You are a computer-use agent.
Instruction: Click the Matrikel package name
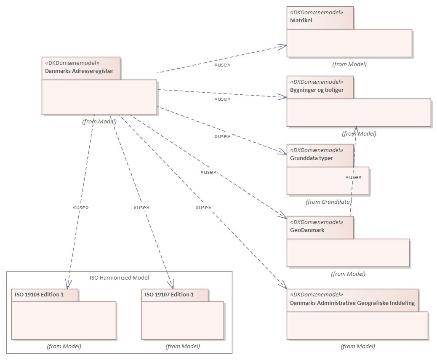point(301,20)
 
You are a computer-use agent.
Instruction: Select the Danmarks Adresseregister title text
point(79,71)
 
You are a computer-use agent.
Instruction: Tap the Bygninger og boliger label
point(317,90)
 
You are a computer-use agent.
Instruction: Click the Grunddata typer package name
point(311,158)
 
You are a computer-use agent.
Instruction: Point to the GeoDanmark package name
point(307,230)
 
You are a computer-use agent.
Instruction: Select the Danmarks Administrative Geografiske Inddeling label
point(352,303)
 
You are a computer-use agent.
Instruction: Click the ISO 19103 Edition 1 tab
point(39,294)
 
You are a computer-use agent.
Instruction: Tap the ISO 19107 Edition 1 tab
point(169,294)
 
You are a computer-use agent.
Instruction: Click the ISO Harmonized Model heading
point(119,277)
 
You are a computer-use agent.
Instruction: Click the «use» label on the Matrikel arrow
point(222,64)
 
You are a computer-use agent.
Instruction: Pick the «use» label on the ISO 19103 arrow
point(81,207)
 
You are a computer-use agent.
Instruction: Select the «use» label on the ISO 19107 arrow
point(141,207)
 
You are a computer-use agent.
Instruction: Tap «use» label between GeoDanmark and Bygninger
point(353,177)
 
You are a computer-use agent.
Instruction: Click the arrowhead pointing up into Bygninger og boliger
point(356,130)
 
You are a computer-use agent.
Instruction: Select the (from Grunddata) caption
point(328,202)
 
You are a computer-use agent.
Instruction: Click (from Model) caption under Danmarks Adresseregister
point(99,121)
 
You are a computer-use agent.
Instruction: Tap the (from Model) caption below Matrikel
point(349,64)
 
